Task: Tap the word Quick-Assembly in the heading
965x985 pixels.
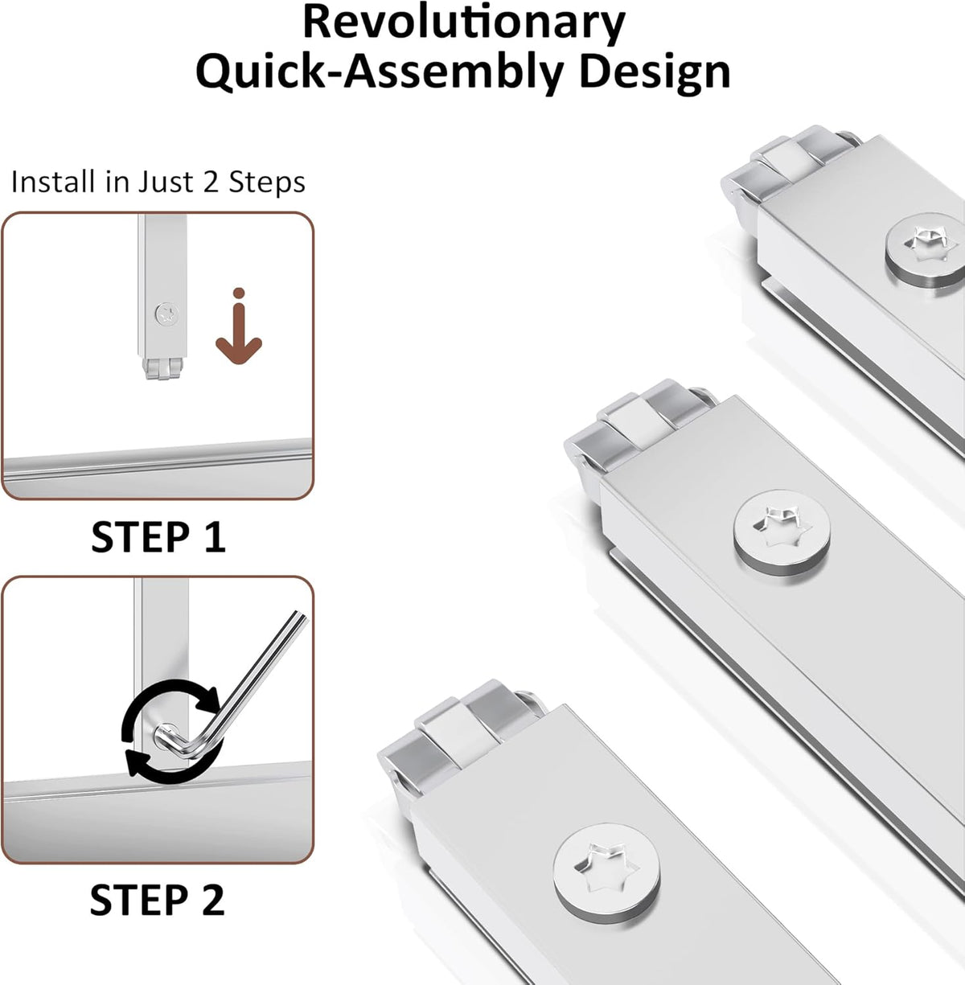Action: pos(380,74)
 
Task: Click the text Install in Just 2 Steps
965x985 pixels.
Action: pos(158,182)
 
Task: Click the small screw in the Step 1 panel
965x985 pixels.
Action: pos(167,313)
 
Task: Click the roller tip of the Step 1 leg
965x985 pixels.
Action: pos(162,368)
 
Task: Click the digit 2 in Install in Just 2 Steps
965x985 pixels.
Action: pos(211,182)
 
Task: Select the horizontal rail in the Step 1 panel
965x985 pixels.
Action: pos(158,466)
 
